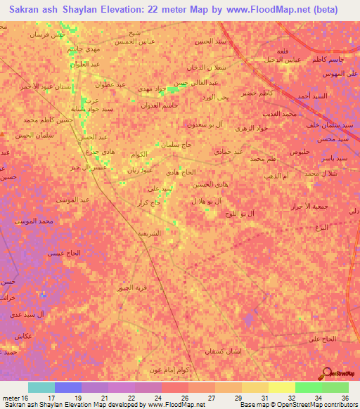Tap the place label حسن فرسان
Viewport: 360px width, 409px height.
click(46, 34)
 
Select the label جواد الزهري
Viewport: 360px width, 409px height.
click(252, 129)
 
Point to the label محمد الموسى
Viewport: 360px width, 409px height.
click(32, 221)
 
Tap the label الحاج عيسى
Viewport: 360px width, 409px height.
click(65, 252)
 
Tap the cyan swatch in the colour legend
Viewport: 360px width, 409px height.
click(41, 387)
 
